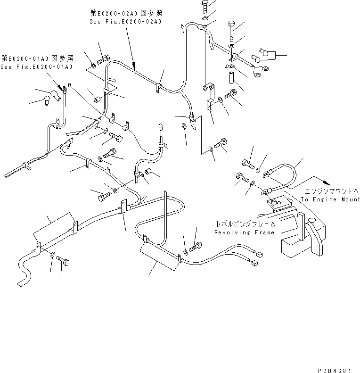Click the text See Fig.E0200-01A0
click(36, 67)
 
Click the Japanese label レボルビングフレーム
click(245, 224)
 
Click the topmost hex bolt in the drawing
click(206, 6)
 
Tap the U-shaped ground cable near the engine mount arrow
click(282, 175)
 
